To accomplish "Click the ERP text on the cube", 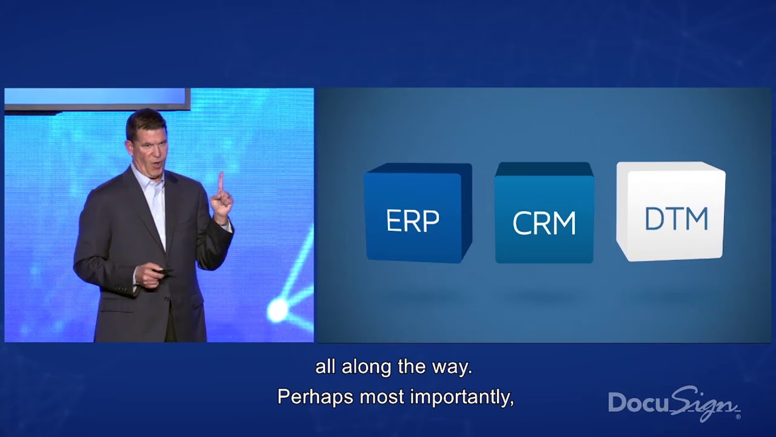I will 412,221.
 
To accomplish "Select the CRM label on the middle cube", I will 544,223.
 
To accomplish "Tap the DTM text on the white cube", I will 676,219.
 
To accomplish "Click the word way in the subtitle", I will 455,367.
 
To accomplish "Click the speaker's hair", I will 145,118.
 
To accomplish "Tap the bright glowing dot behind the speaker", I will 278,310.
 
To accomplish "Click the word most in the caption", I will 381,397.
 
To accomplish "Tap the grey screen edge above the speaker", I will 97,107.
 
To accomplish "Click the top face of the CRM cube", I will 544,169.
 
